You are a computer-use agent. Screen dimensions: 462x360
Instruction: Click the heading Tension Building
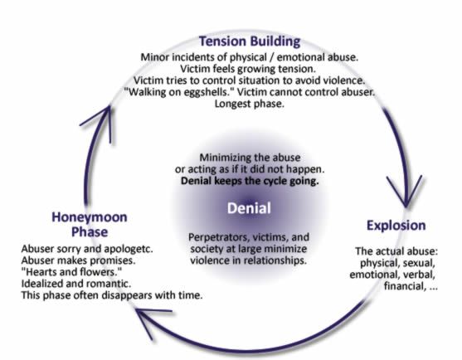pos(250,41)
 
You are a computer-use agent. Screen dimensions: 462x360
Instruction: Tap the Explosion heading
pos(396,226)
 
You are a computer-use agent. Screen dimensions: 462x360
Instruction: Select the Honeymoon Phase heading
pos(90,225)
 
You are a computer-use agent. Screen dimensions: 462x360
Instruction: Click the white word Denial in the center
pos(249,208)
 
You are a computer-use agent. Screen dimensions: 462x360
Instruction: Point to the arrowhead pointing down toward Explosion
pos(406,192)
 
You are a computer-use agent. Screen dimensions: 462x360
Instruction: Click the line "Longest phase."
pos(250,104)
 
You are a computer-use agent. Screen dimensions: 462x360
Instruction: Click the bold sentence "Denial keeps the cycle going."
pos(250,181)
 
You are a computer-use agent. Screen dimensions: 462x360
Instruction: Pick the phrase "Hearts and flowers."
pos(71,272)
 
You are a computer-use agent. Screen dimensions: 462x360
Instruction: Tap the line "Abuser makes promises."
pos(78,260)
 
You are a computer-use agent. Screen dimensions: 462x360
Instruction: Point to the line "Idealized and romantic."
pos(76,284)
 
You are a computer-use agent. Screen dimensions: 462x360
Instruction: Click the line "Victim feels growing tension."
pos(248,69)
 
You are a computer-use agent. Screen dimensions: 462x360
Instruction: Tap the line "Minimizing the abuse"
pos(250,158)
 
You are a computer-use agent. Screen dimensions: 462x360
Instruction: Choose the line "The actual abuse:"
pos(396,251)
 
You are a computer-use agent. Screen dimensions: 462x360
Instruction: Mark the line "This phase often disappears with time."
pos(112,295)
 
